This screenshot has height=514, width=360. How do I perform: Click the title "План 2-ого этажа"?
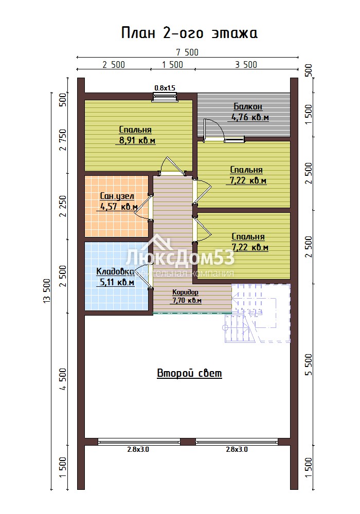[x=189, y=33]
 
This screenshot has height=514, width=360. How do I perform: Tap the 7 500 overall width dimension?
[x=187, y=52]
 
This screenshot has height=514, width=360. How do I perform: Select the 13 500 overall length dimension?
[x=47, y=291]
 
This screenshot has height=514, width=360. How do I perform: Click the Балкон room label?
[x=248, y=106]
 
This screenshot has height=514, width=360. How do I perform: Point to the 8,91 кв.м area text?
[x=137, y=141]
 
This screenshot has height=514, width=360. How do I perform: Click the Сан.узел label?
[x=117, y=196]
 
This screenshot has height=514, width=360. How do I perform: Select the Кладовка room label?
[x=115, y=272]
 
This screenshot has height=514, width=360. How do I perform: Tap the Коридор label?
[x=185, y=292]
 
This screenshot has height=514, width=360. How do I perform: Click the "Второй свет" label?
[x=189, y=373]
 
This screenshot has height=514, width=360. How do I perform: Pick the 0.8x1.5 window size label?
[x=165, y=88]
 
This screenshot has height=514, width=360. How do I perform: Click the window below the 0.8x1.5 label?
[x=165, y=97]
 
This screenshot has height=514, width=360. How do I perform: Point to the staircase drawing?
[x=257, y=313]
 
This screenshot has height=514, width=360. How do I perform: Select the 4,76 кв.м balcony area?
[x=250, y=117]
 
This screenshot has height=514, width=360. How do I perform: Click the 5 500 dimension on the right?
[x=309, y=364]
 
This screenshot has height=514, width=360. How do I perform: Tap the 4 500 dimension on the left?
[x=63, y=379]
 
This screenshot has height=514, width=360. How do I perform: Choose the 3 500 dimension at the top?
[x=246, y=65]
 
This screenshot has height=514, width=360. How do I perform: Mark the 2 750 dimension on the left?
[x=63, y=140]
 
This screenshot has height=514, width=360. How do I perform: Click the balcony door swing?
[x=214, y=130]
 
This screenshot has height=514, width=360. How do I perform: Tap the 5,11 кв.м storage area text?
[x=117, y=282]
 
